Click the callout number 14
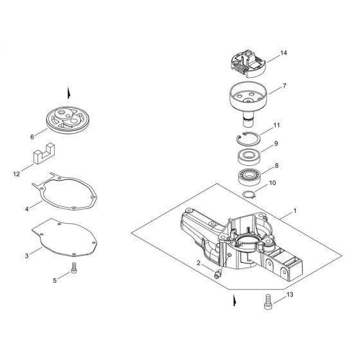(x=283, y=53)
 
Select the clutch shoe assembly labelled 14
(x=248, y=63)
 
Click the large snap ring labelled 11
(x=248, y=138)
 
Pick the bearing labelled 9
(x=249, y=157)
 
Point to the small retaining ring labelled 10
(x=249, y=195)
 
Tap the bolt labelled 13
(x=268, y=301)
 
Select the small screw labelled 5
(x=74, y=268)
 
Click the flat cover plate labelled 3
(x=64, y=237)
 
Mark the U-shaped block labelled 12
(x=44, y=154)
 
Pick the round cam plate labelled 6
(x=67, y=120)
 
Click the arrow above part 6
(x=68, y=93)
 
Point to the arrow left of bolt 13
(x=235, y=300)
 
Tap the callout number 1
(x=295, y=211)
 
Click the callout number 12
(x=16, y=174)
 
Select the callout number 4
(x=27, y=209)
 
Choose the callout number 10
(x=272, y=183)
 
